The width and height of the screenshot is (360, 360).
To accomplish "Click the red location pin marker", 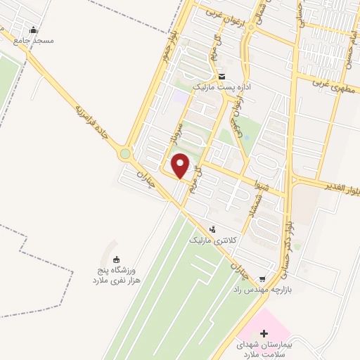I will [181, 165].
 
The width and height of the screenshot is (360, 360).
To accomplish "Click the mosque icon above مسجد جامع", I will [34, 30].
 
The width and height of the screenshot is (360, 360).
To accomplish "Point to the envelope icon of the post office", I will [221, 77].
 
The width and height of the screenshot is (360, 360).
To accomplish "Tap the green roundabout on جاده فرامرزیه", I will [125, 153].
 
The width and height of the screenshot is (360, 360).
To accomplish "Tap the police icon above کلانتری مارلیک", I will [213, 229].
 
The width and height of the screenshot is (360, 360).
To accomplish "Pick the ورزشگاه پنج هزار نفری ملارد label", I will [120, 275].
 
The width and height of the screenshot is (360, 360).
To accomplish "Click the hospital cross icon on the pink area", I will [264, 332].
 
